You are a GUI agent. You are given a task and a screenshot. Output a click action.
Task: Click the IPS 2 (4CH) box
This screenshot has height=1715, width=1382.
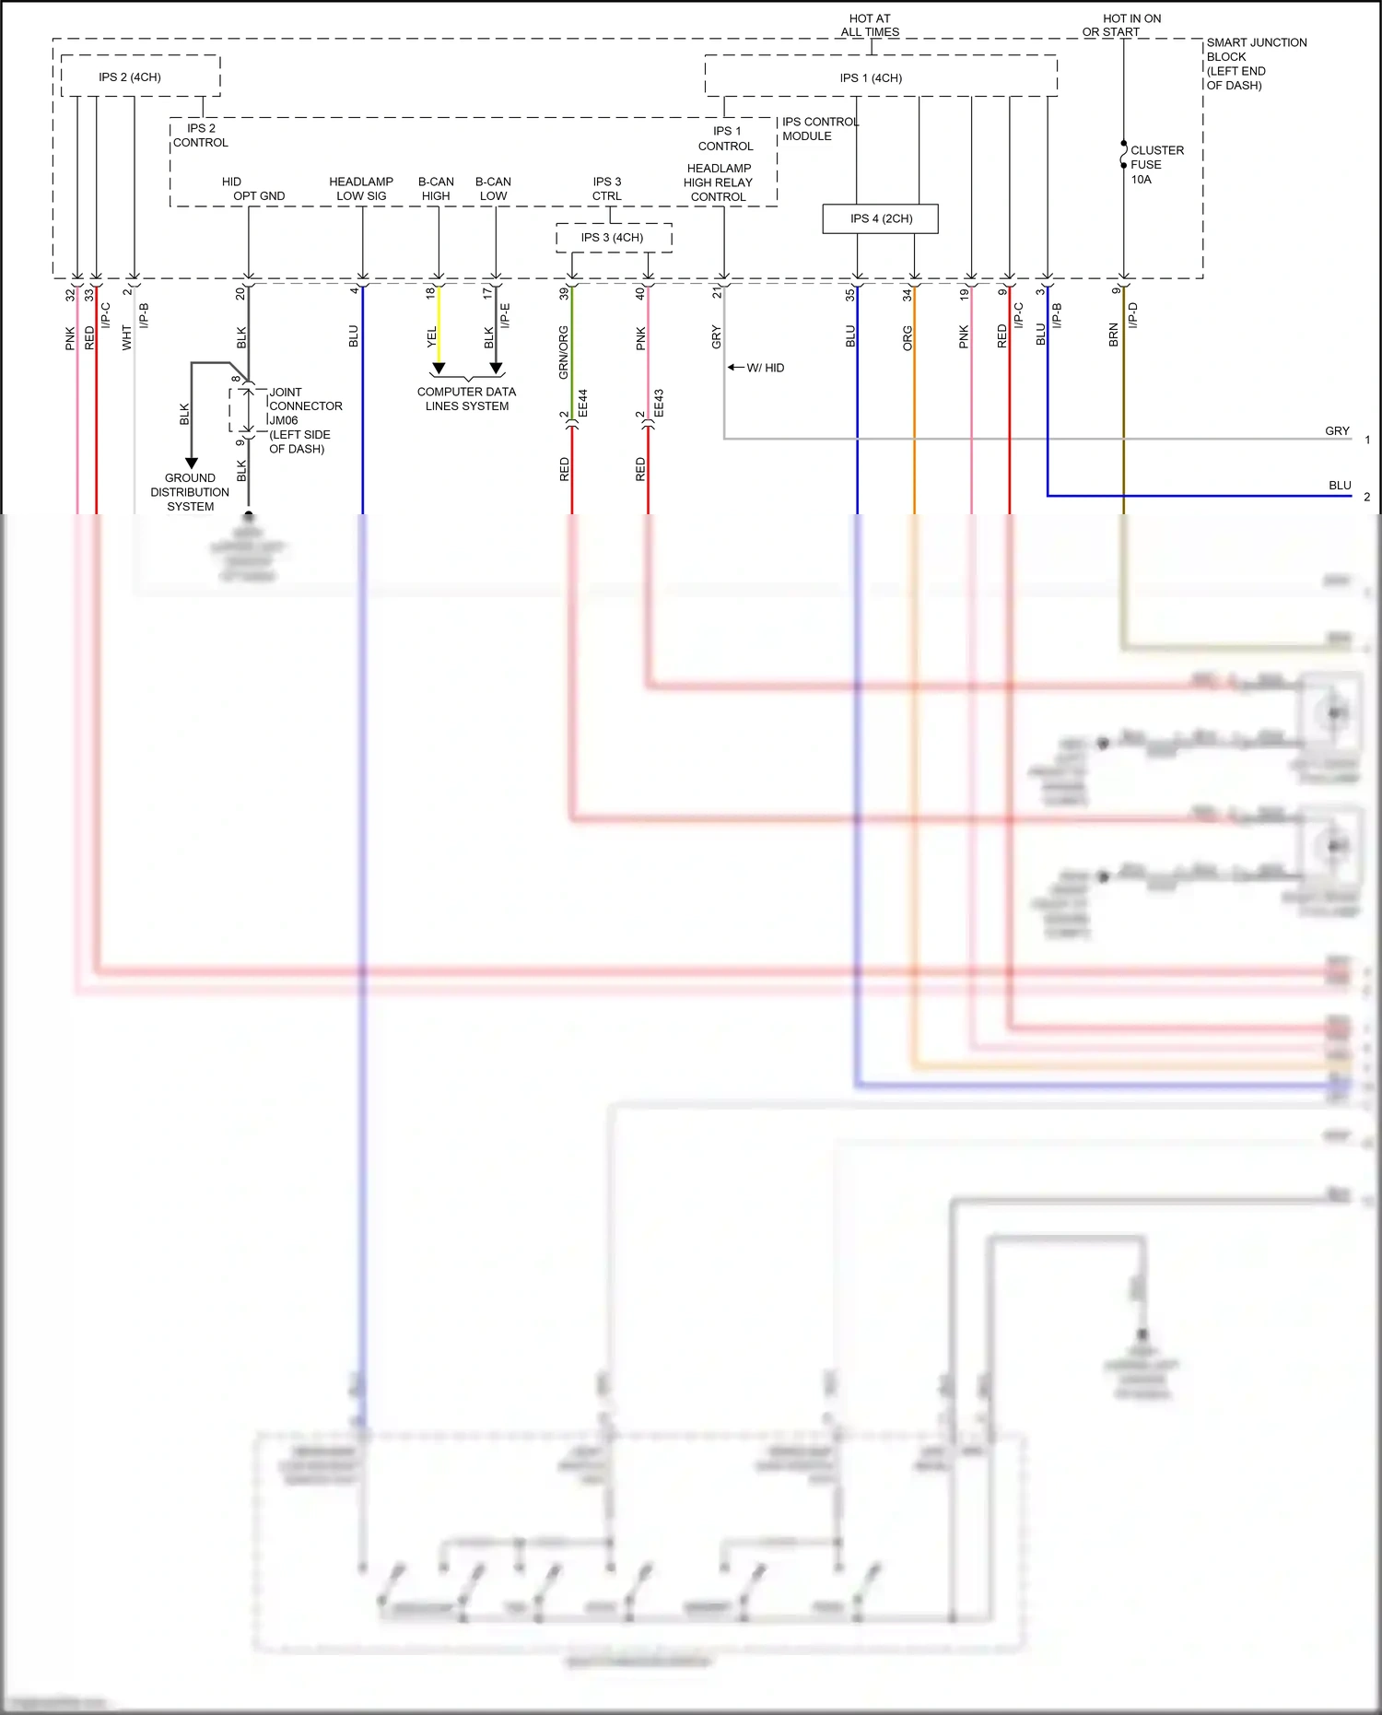[x=130, y=76]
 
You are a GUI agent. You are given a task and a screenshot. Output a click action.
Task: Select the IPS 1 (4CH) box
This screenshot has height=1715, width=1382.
[x=871, y=77]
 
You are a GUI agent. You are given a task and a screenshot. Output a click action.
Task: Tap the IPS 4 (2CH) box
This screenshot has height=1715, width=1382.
[x=881, y=218]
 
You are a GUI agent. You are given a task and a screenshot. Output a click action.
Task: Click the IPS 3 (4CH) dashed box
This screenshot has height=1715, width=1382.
[x=613, y=238]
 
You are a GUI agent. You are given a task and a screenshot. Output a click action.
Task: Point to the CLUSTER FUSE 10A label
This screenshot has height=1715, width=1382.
[x=1155, y=164]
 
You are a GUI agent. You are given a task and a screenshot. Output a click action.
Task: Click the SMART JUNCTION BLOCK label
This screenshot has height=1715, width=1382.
[x=1255, y=64]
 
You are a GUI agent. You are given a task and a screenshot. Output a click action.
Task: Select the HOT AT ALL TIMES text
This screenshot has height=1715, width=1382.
[x=870, y=25]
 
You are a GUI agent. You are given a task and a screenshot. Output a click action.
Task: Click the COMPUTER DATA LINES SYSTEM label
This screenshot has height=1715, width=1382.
[x=466, y=399]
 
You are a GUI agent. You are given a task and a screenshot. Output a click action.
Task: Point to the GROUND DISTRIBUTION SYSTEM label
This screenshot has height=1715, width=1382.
[x=190, y=492]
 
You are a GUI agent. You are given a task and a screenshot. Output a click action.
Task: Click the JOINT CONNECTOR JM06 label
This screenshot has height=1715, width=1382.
[x=304, y=419]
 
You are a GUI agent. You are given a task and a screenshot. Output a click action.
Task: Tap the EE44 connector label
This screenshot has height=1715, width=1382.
[x=582, y=404]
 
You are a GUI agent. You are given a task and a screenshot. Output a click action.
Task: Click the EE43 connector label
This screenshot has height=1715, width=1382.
[x=658, y=404]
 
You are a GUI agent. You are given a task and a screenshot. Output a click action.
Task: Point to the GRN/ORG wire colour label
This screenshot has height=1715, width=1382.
[x=563, y=352]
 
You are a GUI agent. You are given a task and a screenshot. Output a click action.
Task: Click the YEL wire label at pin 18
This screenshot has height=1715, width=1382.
[x=430, y=338]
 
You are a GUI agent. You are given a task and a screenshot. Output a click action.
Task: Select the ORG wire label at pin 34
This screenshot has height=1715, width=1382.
[x=907, y=338]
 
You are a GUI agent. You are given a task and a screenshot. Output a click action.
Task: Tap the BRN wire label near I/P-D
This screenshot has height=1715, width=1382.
[x=1113, y=335]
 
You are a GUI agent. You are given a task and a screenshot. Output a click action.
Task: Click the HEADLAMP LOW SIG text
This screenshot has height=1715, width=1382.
[x=361, y=189]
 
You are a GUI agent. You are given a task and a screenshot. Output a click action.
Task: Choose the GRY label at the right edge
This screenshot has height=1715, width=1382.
[x=1337, y=431]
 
